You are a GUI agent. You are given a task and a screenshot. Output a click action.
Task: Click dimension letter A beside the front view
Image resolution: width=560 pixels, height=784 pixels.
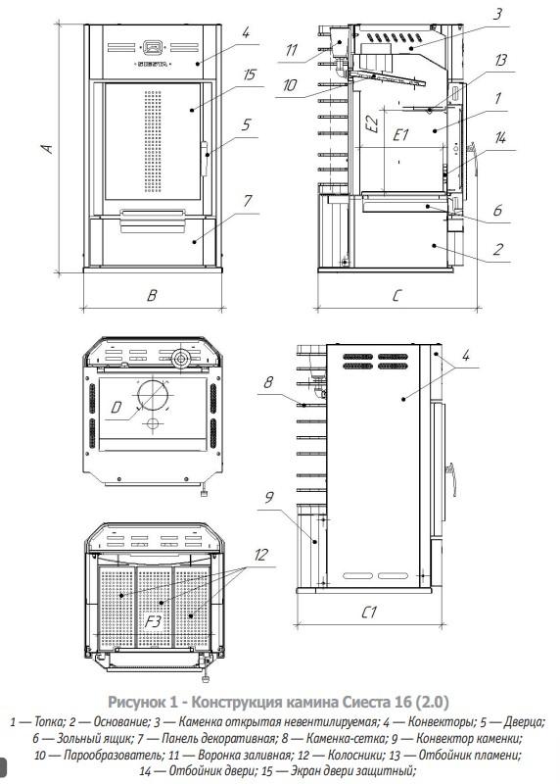(46, 149)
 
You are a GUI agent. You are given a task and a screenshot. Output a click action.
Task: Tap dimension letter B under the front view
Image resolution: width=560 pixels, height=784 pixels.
(152, 295)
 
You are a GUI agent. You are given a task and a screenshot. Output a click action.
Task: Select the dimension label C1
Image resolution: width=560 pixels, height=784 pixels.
(369, 612)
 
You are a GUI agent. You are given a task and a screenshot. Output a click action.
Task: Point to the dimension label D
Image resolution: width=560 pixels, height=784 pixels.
(116, 408)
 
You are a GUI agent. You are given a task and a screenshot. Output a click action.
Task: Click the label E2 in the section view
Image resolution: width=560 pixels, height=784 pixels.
(371, 122)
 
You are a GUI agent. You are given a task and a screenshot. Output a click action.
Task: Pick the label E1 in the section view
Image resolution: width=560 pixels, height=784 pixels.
(400, 135)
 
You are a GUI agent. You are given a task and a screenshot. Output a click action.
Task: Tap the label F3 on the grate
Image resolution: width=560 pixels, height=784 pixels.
(153, 621)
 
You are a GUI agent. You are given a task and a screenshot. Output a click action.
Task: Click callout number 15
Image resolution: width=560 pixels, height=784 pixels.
(249, 75)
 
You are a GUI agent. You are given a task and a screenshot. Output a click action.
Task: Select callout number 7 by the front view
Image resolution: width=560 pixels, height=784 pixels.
(248, 201)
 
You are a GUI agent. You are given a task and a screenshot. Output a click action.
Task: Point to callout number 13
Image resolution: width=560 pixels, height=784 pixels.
(500, 61)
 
